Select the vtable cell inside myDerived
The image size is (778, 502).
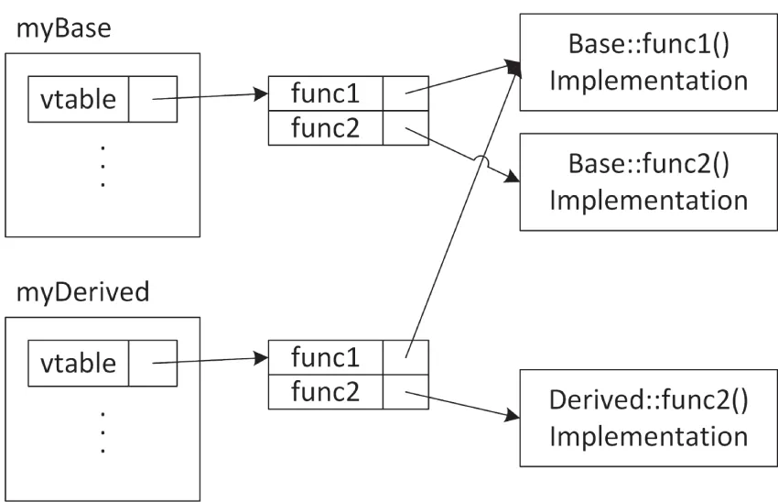point(78,364)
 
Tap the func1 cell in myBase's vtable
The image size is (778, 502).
point(325,93)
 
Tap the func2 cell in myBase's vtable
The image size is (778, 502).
point(325,128)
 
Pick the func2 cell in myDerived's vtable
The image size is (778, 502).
point(325,392)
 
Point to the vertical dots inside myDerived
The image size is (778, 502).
point(103,431)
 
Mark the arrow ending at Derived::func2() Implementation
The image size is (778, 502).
point(458,405)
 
